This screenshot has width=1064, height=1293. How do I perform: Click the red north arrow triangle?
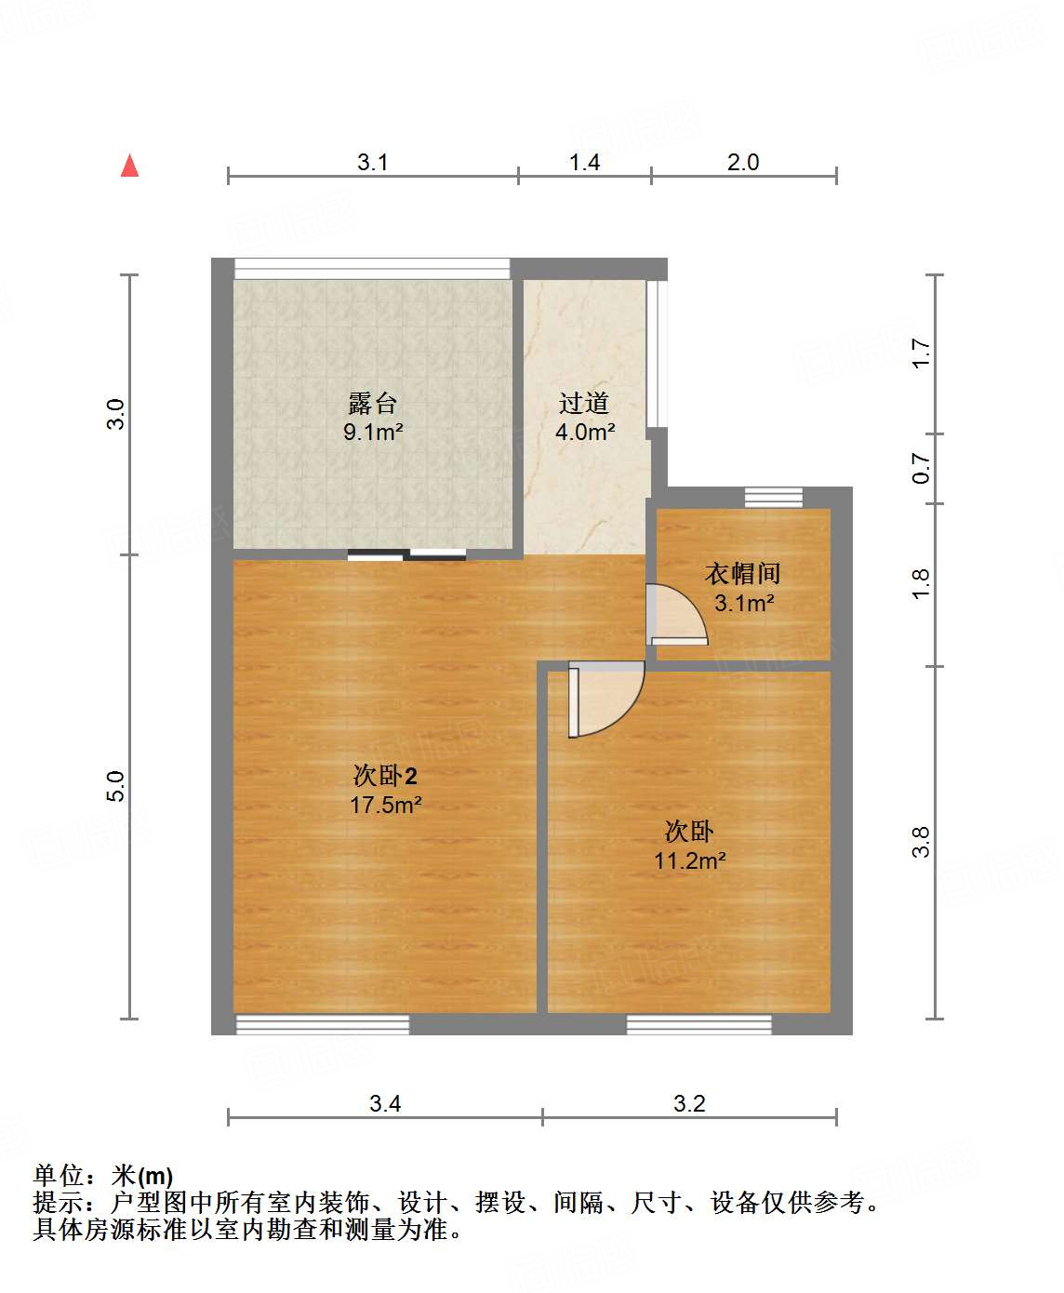[x=129, y=167]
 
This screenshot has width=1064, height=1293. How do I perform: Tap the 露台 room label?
[x=373, y=403]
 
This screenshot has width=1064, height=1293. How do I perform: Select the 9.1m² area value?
[x=373, y=432]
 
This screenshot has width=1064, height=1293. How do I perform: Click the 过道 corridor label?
[x=584, y=403]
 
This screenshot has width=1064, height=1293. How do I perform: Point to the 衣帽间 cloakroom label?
[x=742, y=573]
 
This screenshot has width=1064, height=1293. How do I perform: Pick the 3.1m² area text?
[x=744, y=603]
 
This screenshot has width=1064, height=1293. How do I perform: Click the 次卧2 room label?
[x=385, y=775]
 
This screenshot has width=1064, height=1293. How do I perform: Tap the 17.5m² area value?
[x=385, y=805]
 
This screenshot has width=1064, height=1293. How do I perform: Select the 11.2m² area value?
[x=689, y=860]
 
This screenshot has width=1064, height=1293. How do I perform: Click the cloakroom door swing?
[x=677, y=615]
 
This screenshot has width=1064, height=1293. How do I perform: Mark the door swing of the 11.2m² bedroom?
[x=605, y=698]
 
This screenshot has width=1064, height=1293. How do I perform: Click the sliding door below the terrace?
[x=407, y=555]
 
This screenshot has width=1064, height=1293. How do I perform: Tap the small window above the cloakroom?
[x=773, y=498]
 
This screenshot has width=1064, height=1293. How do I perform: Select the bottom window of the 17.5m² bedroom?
[x=323, y=1024]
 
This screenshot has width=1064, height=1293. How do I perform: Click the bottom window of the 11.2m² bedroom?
[x=698, y=1024]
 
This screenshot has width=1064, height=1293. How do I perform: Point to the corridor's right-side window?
[x=657, y=353]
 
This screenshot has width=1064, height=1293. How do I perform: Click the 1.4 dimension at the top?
[x=584, y=163]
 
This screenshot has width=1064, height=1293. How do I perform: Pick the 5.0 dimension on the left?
[x=115, y=787]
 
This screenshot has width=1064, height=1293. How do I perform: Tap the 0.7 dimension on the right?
[x=921, y=468]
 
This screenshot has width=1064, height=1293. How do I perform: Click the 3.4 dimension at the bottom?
[x=385, y=1104]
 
